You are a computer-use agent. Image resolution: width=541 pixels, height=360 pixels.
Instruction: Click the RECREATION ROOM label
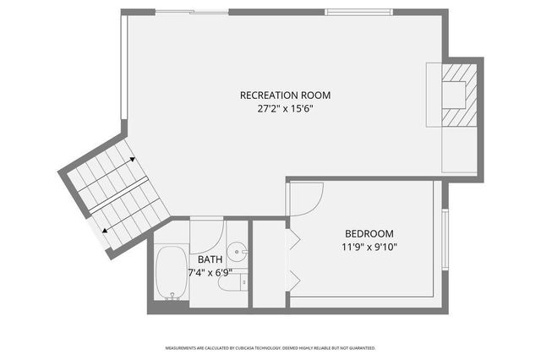click(285, 95)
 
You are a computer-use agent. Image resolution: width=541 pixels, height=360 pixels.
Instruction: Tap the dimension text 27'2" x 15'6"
click(285, 108)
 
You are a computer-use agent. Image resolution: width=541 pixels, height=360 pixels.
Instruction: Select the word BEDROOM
click(369, 233)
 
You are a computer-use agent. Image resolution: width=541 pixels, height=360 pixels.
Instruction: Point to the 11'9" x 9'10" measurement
click(369, 247)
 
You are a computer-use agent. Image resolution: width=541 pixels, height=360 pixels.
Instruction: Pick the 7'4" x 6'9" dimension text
click(210, 272)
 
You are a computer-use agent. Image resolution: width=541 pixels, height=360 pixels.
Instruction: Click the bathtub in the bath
click(172, 275)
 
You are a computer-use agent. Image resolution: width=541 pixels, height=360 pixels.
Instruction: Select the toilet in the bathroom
click(230, 281)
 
